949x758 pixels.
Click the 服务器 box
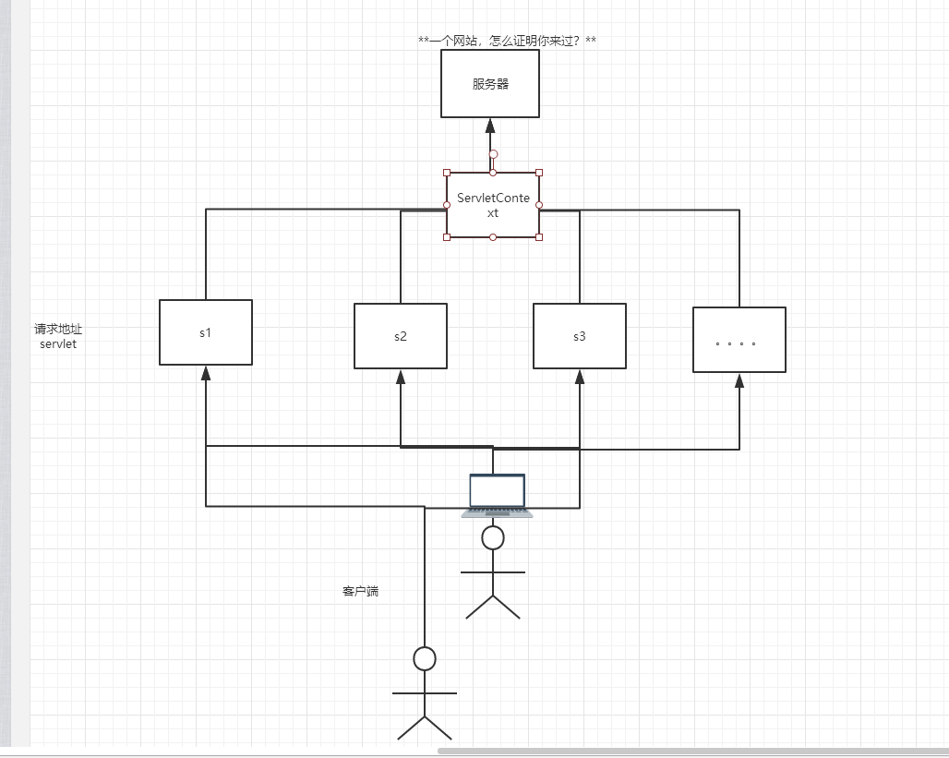click(x=490, y=84)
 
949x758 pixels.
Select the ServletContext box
click(x=492, y=205)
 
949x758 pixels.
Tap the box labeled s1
click(x=206, y=332)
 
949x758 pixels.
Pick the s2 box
click(x=401, y=336)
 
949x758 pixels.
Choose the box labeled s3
click(x=579, y=336)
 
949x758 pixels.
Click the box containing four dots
click(x=739, y=340)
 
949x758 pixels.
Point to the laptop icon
click(x=497, y=495)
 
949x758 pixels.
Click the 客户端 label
click(x=360, y=591)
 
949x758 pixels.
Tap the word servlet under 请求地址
click(x=58, y=344)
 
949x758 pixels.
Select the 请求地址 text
click(x=58, y=329)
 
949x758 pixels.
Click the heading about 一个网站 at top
click(x=507, y=41)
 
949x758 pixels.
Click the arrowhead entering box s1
click(x=206, y=373)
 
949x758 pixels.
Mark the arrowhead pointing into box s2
click(x=401, y=377)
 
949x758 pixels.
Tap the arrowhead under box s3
click(x=580, y=377)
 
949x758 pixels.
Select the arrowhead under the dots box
click(x=739, y=380)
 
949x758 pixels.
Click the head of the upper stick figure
click(x=493, y=537)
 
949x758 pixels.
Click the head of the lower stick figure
click(x=425, y=658)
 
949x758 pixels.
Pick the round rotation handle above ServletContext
click(x=493, y=154)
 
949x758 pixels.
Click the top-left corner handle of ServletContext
click(x=447, y=173)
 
